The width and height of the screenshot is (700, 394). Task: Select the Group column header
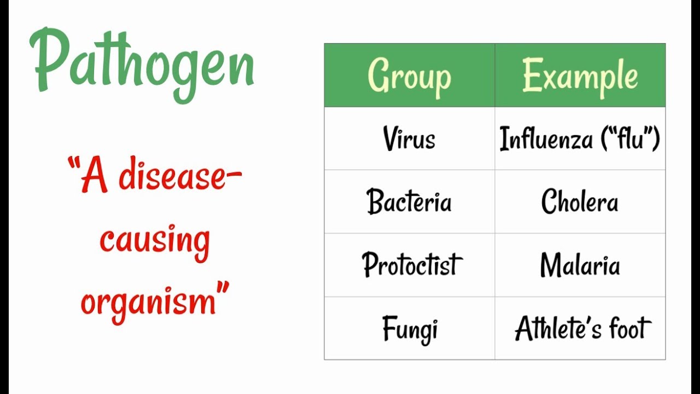coord(409,76)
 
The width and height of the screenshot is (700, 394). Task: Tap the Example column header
coord(580,76)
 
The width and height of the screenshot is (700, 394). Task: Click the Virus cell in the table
coord(409,138)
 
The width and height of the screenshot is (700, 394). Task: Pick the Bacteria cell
coord(409,202)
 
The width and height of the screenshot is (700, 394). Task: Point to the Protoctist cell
coord(412,265)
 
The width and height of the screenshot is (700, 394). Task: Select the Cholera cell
coord(580,202)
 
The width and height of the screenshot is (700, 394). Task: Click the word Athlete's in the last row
coord(559,329)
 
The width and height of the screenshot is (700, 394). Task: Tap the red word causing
coord(155,241)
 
